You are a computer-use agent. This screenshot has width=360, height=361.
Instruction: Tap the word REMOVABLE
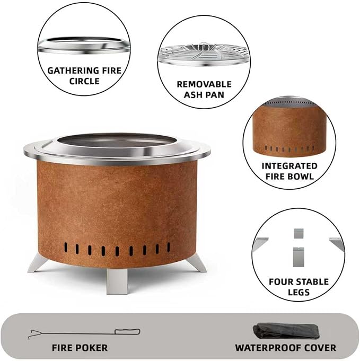click(204, 84)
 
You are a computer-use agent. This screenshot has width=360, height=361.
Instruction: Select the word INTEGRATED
click(289, 166)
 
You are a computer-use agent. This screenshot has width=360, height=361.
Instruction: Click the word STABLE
click(313, 282)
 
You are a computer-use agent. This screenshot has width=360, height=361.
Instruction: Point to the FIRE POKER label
click(80, 348)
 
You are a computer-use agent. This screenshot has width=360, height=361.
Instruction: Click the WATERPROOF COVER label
click(286, 348)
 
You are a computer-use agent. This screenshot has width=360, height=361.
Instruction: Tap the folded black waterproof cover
click(286, 331)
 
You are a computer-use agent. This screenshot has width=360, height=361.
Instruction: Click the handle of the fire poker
click(127, 332)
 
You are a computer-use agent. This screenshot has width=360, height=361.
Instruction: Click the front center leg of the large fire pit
click(117, 281)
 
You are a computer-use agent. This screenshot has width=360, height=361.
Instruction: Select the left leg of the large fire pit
click(38, 263)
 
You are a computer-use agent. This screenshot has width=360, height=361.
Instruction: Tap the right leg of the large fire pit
click(197, 263)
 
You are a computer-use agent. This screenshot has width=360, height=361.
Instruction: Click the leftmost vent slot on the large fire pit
click(66, 247)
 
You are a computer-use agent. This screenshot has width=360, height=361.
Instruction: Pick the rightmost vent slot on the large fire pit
click(169, 247)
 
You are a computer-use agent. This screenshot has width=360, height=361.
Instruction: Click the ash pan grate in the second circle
click(204, 54)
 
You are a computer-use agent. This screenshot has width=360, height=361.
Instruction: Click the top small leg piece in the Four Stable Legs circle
click(298, 233)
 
